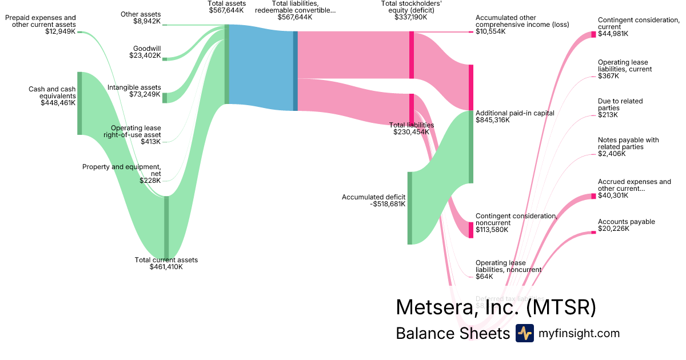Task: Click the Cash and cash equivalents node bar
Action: click(x=79, y=103)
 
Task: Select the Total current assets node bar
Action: click(x=166, y=227)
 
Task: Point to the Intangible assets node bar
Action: click(x=165, y=97)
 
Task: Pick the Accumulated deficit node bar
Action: click(x=409, y=208)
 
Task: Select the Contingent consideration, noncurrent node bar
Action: click(x=471, y=230)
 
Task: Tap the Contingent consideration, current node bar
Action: click(x=593, y=34)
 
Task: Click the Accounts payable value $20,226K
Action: click(x=613, y=229)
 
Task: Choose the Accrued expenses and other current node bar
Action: click(x=593, y=197)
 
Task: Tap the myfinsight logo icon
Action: click(x=524, y=333)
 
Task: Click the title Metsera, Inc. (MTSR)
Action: click(x=496, y=307)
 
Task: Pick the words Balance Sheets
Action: click(x=452, y=333)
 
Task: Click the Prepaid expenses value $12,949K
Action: click(x=60, y=31)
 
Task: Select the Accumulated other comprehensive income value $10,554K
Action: click(x=490, y=31)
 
